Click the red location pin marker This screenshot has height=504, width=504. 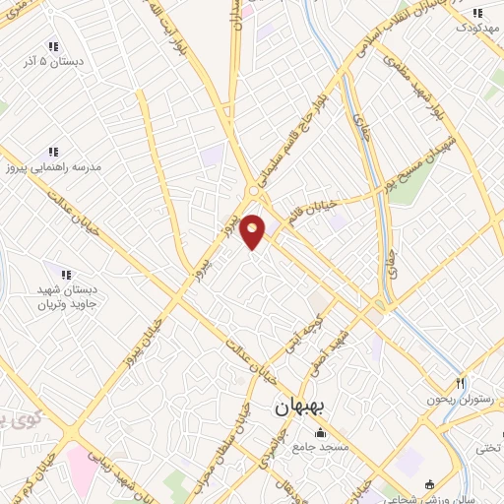(x=253, y=230)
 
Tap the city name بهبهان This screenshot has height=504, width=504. (x=304, y=406)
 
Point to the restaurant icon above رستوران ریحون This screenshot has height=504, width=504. (x=459, y=383)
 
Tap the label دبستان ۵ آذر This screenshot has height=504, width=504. (x=51, y=60)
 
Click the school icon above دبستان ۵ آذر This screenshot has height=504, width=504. (x=52, y=45)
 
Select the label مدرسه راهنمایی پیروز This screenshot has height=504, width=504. (x=59, y=166)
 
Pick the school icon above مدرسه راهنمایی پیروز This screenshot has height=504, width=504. (x=53, y=152)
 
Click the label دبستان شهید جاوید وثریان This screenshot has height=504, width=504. (x=66, y=298)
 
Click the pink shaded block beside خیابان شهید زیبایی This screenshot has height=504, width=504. (x=82, y=469)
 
